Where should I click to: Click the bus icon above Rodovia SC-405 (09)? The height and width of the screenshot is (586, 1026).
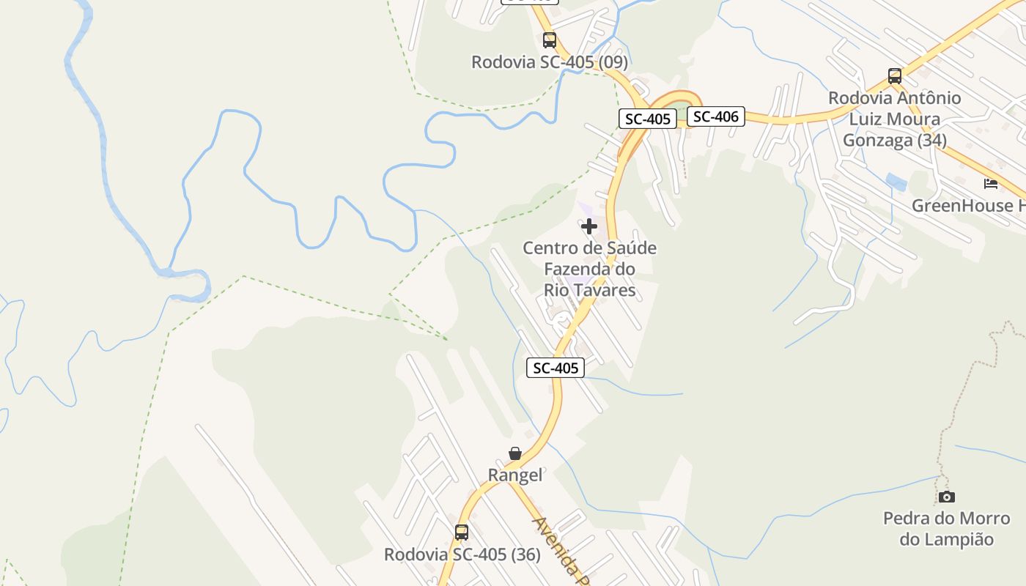[x=549, y=40]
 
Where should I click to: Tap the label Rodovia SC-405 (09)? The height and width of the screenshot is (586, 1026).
[x=549, y=62]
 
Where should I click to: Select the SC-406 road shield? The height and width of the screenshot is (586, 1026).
[x=715, y=116]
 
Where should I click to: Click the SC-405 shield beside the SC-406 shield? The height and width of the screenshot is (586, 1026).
[x=648, y=119]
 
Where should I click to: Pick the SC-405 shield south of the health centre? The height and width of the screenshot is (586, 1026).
[x=556, y=368]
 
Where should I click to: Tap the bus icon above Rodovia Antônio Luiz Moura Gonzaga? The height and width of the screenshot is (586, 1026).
[x=894, y=75]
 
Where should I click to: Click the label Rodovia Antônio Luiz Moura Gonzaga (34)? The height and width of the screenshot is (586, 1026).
[x=894, y=119]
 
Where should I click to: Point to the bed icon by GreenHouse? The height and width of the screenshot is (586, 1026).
[x=991, y=183]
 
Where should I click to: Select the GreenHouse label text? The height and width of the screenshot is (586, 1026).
[x=967, y=206]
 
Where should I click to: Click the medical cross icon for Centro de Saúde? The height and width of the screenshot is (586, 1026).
[x=588, y=226]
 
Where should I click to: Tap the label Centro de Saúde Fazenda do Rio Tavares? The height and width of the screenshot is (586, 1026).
[x=589, y=269]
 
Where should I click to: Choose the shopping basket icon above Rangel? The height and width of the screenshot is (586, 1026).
[x=515, y=453]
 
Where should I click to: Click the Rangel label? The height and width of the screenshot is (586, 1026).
[x=515, y=475]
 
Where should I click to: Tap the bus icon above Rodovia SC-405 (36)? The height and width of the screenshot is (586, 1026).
[x=461, y=533]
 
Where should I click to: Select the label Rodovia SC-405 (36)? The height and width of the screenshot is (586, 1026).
[x=462, y=555]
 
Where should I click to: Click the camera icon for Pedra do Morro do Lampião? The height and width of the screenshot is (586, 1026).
[x=946, y=497]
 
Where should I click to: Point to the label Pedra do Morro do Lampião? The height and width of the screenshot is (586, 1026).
[x=946, y=529]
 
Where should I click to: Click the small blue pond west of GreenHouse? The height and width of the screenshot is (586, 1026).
[x=896, y=182]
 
